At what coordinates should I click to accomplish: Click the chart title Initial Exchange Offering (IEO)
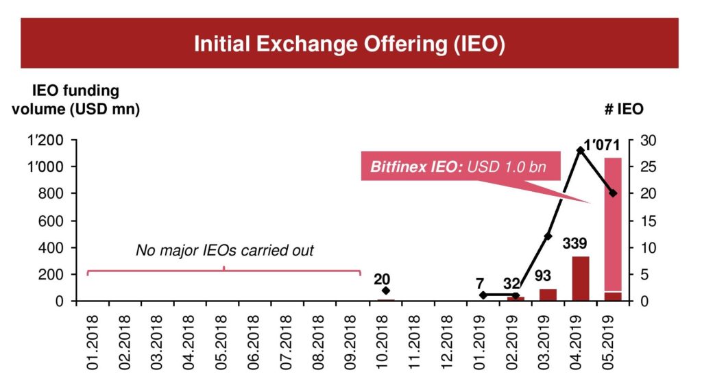350,44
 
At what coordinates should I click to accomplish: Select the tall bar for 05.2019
613,226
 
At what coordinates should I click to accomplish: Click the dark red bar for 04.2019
580,278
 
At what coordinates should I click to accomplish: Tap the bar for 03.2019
548,295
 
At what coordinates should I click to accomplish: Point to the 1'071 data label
601,145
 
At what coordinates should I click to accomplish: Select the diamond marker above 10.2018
386,291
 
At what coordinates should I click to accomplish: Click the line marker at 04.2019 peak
580,150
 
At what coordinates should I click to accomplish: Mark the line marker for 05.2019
613,193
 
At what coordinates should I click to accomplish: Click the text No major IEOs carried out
224,251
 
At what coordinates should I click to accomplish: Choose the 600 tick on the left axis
53,221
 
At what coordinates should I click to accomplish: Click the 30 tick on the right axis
648,140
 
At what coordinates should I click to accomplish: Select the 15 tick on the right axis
648,221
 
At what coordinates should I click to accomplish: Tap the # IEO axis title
623,108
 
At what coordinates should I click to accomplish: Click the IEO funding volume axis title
75,100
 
